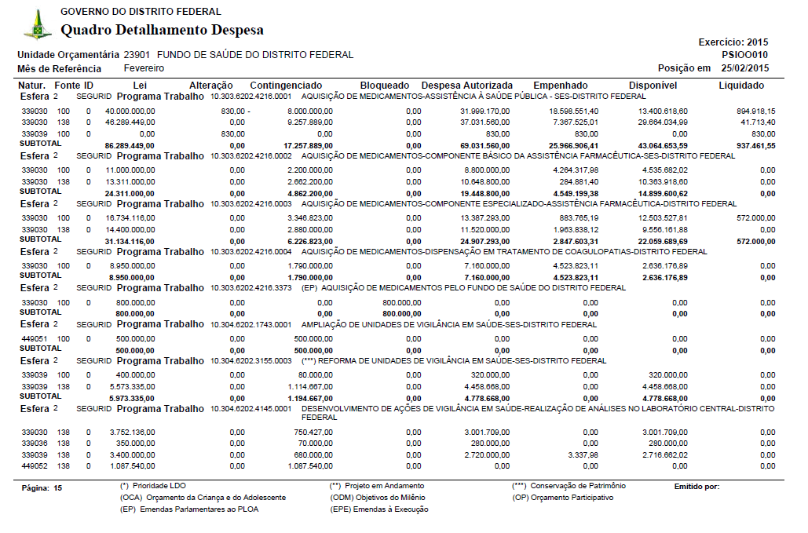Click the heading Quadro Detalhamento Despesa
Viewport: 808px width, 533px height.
162,31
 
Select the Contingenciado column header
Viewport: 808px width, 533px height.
286,85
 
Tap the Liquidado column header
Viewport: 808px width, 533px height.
741,85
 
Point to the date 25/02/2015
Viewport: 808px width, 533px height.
745,68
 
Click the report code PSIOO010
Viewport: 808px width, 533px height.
745,55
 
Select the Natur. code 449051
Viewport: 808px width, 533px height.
34,338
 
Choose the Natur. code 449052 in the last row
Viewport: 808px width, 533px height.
34,466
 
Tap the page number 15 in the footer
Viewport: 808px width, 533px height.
58,488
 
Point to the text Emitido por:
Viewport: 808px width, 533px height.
696,487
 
